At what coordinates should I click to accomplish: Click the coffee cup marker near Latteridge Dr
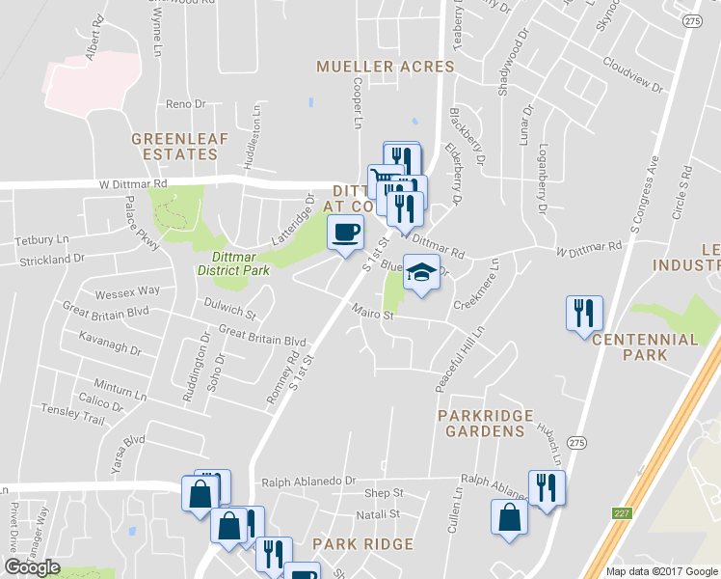(345, 233)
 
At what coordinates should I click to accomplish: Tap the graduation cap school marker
(421, 271)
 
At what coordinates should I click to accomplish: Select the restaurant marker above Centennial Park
(584, 313)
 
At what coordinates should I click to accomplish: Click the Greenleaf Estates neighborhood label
(180, 146)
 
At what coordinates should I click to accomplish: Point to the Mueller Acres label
(386, 67)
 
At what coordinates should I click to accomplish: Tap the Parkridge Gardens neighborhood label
(481, 422)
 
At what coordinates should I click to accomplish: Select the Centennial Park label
(645, 347)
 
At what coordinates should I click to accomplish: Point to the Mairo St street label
(374, 314)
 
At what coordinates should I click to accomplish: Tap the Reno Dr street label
(186, 103)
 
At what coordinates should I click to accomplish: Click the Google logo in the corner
(32, 567)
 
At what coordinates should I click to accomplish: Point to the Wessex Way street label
(126, 290)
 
